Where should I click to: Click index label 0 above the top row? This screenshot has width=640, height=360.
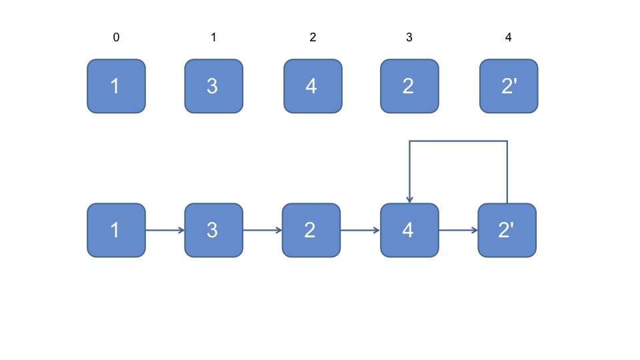click(116, 37)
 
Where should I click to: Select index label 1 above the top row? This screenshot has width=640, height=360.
click(213, 37)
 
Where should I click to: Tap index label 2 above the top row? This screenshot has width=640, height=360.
click(313, 37)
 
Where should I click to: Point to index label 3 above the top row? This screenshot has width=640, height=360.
click(409, 37)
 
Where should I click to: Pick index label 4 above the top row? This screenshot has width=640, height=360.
click(508, 37)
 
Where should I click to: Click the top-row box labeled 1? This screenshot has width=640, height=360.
click(116, 86)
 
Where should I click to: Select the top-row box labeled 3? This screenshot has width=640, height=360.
click(214, 86)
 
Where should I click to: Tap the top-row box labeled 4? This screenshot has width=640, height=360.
click(313, 86)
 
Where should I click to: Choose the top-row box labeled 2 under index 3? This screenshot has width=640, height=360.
click(410, 86)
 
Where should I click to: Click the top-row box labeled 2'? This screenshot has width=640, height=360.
click(509, 86)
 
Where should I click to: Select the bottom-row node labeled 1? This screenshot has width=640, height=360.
click(116, 230)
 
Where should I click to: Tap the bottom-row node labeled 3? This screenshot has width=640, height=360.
click(214, 230)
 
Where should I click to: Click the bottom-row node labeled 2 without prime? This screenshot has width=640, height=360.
click(311, 230)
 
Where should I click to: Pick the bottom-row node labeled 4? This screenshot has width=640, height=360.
click(410, 230)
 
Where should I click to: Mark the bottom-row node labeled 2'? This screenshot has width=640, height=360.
click(507, 230)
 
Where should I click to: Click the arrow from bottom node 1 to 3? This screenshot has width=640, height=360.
click(165, 230)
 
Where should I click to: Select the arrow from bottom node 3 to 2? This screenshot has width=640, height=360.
click(263, 230)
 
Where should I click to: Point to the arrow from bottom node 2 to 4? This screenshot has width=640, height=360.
click(361, 230)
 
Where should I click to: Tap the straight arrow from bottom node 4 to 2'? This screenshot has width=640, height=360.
click(459, 230)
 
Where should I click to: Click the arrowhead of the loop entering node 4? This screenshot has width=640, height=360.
click(410, 201)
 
